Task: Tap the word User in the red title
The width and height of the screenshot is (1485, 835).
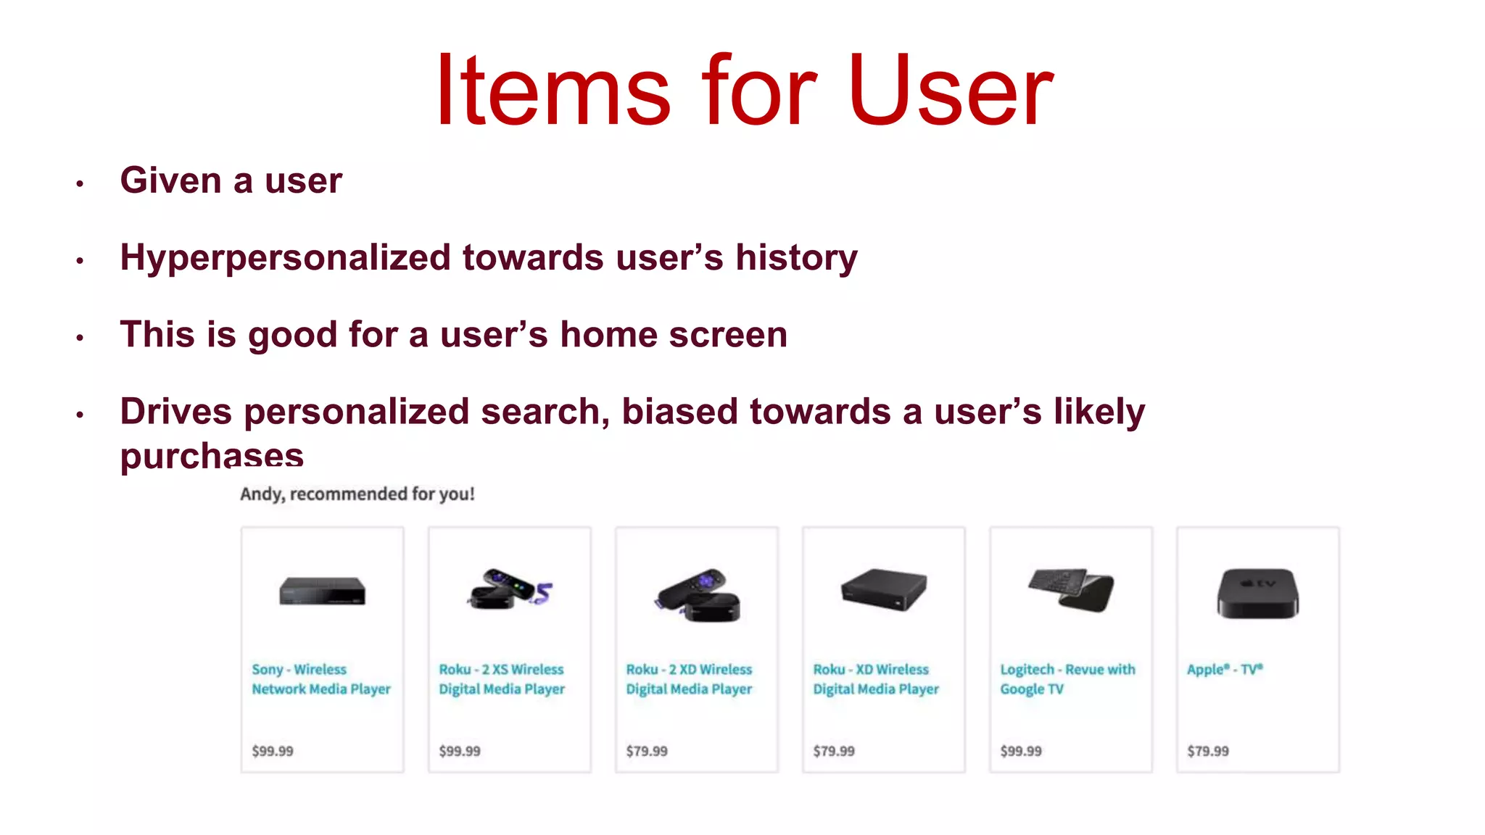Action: [x=950, y=91]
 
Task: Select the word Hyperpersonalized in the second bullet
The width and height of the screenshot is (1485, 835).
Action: [x=286, y=258]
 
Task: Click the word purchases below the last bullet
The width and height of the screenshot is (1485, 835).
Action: [x=212, y=455]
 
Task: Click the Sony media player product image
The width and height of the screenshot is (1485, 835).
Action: [x=323, y=591]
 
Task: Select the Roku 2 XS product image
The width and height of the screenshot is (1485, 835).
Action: [x=509, y=589]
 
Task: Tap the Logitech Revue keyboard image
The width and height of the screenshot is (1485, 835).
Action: [x=1070, y=589]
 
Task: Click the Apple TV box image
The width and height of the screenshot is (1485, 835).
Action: [x=1257, y=593]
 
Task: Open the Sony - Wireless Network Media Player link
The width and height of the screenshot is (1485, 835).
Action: [x=320, y=679]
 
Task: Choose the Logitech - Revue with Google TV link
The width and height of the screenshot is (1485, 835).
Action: [x=1067, y=679]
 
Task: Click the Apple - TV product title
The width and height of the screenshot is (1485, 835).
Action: [x=1224, y=670]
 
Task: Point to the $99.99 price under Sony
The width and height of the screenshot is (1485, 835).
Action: [x=273, y=752]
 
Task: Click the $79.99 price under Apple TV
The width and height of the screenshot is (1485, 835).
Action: [x=1208, y=752]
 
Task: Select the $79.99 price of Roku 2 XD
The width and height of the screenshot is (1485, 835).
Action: [x=647, y=752]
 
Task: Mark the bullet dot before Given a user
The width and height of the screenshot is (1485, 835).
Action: [x=80, y=184]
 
